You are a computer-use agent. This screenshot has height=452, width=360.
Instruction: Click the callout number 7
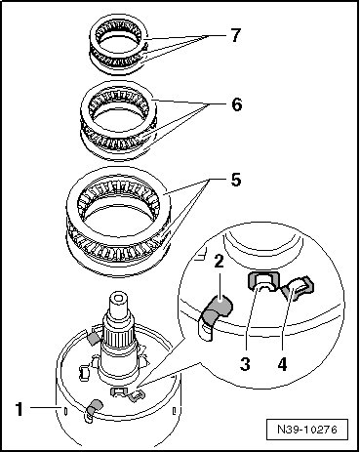[235, 35]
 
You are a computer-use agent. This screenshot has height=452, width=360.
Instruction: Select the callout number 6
[236, 104]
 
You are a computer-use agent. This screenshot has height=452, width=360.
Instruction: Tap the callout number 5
[236, 180]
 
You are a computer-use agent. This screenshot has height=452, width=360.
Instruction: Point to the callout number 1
[20, 409]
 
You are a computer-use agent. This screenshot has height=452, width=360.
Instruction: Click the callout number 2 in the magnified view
[219, 262]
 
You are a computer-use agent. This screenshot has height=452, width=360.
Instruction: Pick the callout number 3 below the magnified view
[245, 364]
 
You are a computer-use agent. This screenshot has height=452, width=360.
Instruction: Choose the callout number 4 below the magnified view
[282, 364]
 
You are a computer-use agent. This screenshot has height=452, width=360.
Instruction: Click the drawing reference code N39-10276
[307, 429]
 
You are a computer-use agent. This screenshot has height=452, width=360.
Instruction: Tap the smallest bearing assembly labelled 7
[119, 45]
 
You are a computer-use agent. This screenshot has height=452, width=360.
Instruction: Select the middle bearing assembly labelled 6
[119, 120]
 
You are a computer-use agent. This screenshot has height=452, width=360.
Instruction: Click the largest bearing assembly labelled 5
[118, 222]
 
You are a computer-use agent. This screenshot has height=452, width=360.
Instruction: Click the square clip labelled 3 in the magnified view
[263, 280]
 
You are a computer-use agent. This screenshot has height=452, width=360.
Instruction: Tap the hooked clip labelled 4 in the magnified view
[297, 287]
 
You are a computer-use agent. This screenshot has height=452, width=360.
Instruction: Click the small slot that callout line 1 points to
[66, 411]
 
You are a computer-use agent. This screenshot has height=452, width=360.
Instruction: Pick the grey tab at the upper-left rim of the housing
[95, 339]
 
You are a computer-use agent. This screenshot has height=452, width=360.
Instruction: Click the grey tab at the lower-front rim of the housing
[94, 407]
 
